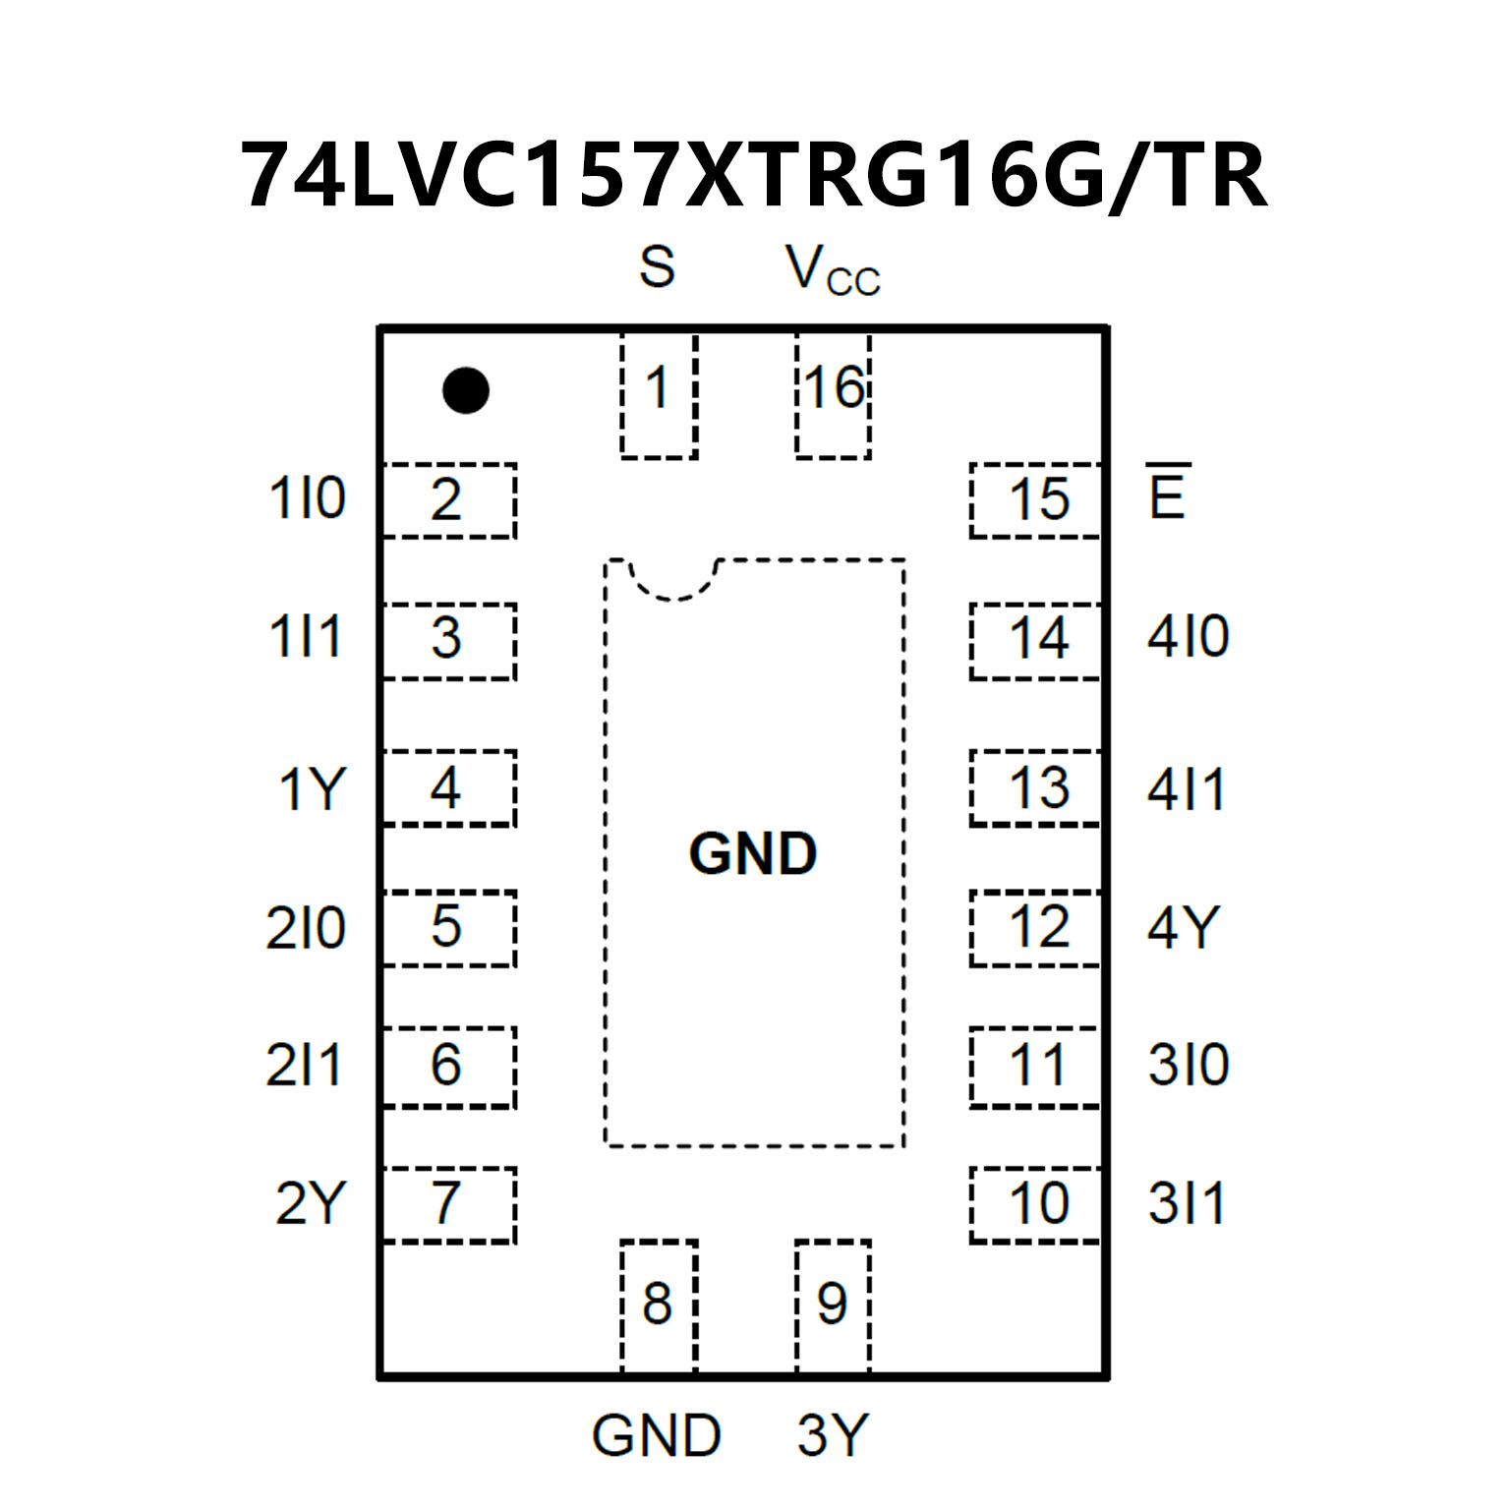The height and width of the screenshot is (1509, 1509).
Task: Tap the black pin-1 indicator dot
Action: click(x=466, y=390)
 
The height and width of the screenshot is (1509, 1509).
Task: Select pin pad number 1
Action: click(x=659, y=395)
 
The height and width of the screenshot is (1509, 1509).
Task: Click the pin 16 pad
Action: click(x=834, y=395)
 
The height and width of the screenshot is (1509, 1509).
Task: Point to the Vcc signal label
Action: click(x=832, y=270)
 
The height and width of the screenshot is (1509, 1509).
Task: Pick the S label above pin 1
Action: click(x=657, y=266)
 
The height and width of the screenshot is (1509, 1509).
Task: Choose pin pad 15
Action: click(x=1036, y=500)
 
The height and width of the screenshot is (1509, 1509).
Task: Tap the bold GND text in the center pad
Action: click(x=753, y=853)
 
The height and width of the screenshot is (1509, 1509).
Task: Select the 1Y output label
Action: click(x=312, y=789)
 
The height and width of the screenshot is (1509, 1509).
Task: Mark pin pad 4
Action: click(x=448, y=788)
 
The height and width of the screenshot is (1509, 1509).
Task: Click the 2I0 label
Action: click(x=306, y=928)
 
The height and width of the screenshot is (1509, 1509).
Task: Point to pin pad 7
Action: click(x=448, y=1204)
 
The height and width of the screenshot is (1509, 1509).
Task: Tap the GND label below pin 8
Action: click(x=657, y=1435)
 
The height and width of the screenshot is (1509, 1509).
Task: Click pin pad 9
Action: click(x=833, y=1306)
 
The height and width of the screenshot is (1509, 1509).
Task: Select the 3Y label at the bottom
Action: click(x=833, y=1435)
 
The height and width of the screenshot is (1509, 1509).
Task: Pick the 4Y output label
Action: click(x=1184, y=927)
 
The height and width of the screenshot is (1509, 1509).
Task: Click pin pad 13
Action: click(x=1036, y=788)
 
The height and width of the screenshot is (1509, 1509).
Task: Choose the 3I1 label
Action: click(x=1188, y=1204)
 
